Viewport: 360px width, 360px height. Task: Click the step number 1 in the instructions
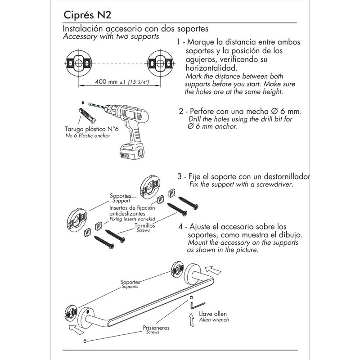(179, 42)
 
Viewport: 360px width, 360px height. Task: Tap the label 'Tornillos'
(145, 225)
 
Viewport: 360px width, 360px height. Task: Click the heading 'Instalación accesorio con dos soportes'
(135, 29)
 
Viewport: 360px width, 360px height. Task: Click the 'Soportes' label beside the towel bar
(131, 282)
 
